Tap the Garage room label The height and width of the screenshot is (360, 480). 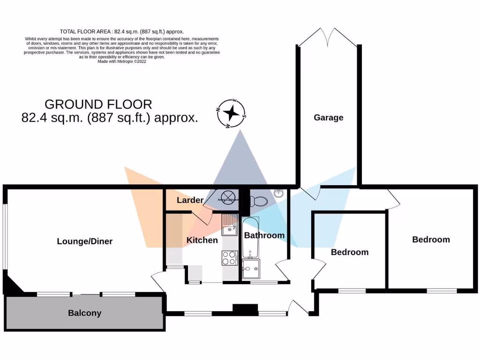coord(328,118)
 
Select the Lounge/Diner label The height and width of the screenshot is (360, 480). coord(85,241)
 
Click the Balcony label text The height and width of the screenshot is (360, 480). coord(84,313)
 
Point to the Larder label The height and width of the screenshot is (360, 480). coord(190,200)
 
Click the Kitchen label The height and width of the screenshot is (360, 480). coord(202,240)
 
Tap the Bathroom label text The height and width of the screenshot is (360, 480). coord(264,235)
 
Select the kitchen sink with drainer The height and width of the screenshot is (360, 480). coord(230,225)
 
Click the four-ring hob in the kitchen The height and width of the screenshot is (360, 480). coord(229,258)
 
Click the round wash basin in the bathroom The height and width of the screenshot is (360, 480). coord(280,193)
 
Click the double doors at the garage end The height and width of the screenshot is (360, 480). coord(328,37)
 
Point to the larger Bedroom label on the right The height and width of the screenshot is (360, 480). coord(431,240)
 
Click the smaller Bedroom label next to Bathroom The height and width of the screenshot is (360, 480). coord(349,252)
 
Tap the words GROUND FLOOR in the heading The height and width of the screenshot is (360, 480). coord(98,104)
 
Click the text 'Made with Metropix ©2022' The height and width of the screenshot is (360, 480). coord(121,61)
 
